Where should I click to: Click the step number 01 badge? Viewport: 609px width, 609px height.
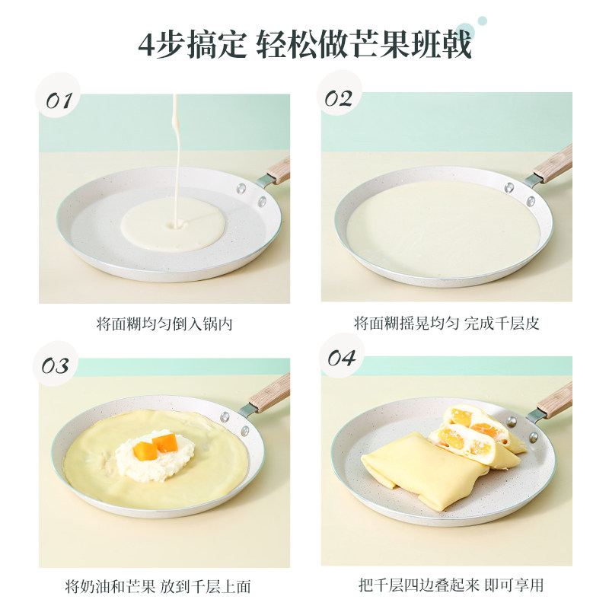(58, 100)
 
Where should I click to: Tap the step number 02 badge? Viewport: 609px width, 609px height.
(339, 99)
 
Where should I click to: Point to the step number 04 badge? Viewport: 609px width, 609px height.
(340, 359)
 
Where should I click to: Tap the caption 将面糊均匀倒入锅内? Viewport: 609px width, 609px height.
(164, 324)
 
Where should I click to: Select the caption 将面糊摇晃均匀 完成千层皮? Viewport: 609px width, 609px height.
(447, 324)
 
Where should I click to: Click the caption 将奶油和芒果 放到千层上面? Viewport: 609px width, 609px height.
(158, 587)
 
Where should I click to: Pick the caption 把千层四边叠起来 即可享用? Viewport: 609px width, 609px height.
(451, 586)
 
